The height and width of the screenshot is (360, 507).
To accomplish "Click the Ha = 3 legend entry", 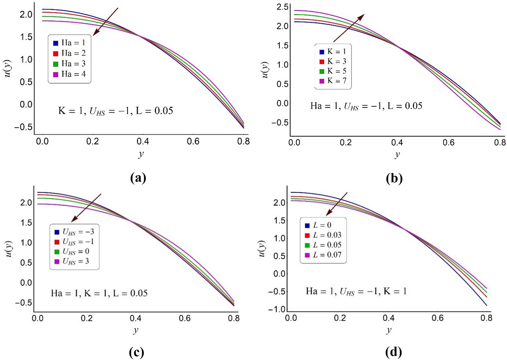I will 70,64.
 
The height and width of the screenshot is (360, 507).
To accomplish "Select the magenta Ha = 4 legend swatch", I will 56,74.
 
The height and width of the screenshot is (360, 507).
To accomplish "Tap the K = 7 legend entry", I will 333,81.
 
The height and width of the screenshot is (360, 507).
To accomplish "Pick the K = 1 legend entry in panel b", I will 333,52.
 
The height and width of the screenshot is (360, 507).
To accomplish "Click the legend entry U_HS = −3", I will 74,232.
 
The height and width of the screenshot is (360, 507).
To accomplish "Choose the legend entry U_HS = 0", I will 72,251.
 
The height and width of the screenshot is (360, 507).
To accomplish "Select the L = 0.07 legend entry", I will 323,255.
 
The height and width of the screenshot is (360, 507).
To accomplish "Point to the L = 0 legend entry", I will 318,225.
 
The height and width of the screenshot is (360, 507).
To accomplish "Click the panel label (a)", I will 138,177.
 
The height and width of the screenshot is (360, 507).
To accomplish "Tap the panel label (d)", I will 394,352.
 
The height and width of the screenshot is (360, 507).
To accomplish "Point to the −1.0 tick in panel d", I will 277,309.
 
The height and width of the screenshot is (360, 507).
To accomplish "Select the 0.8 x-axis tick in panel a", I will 243,141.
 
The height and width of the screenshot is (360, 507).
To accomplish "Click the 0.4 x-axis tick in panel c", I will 135,318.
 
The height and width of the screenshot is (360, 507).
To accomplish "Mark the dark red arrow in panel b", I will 349,28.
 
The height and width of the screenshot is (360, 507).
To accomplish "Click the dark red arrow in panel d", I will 337,204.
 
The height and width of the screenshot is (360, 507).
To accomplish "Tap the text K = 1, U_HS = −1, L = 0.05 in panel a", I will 116,111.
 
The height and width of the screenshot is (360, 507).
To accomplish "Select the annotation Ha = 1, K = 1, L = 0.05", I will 99,293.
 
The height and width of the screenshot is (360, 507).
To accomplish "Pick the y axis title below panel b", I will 397,155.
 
